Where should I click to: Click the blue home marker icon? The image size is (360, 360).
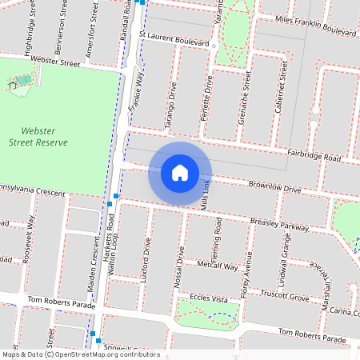180,173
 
